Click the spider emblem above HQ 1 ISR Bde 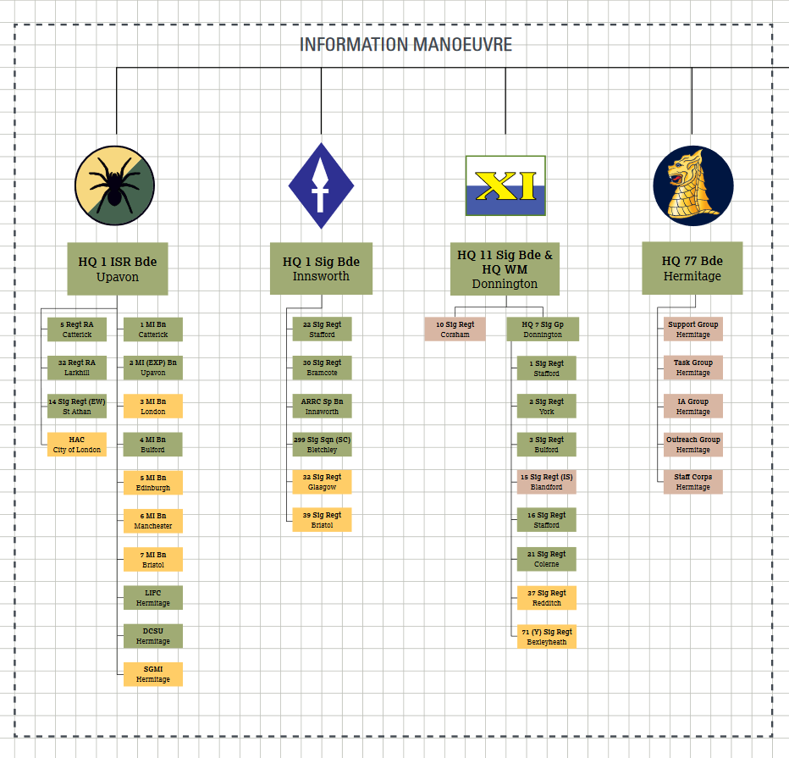(114, 185)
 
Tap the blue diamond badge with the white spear (321, 186)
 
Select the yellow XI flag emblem (505, 185)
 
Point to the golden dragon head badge (692, 185)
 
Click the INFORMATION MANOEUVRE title (406, 45)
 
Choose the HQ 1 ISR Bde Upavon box (118, 268)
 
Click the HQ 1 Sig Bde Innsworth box (321, 268)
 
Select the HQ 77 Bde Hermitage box (692, 268)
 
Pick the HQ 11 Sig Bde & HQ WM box (505, 269)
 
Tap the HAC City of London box (77, 445)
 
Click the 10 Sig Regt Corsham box (455, 329)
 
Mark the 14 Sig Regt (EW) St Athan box (77, 407)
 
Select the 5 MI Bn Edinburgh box (153, 483)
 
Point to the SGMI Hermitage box (153, 674)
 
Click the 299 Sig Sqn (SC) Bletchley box (322, 445)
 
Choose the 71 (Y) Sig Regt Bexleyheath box (547, 637)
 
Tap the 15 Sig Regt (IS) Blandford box (547, 482)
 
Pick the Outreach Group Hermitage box (692, 445)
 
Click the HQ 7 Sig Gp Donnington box (543, 329)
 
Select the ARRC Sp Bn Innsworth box (322, 407)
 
